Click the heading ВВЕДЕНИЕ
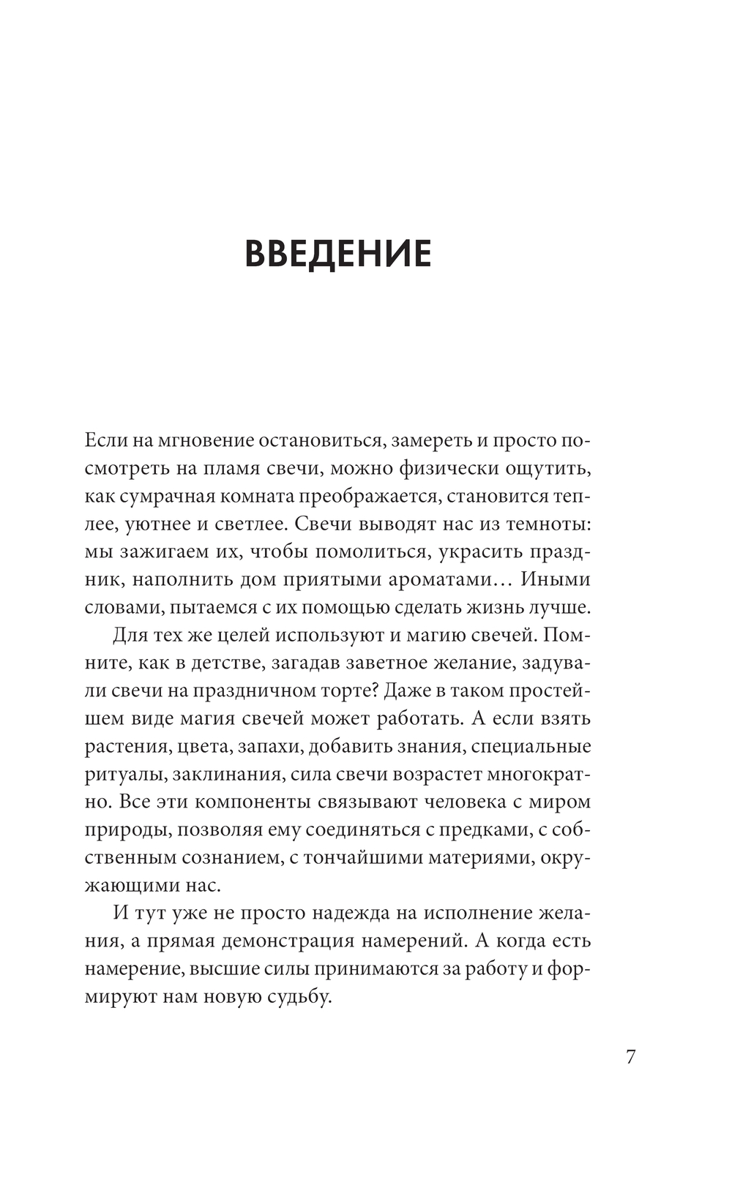tap(337, 254)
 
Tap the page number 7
tap(631, 1058)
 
